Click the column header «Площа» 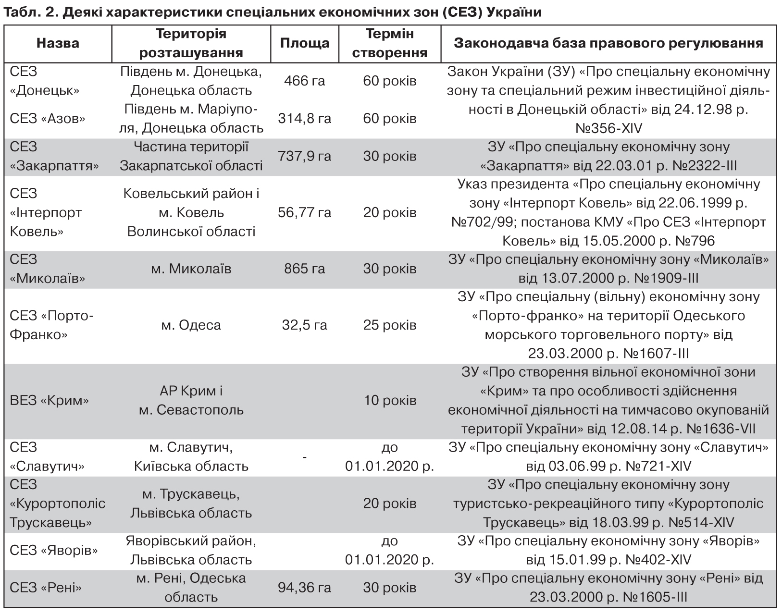304,43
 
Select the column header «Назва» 58,43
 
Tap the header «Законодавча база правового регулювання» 608,43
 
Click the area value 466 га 304,81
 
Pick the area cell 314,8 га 304,118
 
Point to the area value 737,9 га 304,156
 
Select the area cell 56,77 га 304,212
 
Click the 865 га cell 304,269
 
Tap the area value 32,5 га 304,325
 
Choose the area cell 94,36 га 304,588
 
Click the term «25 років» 389,325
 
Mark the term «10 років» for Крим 389,400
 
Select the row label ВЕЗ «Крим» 49,400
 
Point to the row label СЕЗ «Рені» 46,588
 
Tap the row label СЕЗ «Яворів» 53,550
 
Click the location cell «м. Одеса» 191,325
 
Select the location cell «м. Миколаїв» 191,269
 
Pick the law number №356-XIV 608,128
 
